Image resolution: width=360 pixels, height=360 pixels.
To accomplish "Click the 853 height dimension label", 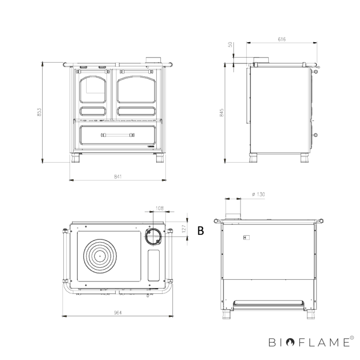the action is click(39, 112).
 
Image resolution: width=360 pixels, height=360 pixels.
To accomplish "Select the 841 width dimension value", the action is click(118, 176).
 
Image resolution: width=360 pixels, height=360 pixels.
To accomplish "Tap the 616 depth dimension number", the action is click(282, 39).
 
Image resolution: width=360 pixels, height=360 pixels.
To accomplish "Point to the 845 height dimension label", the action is click(222, 113).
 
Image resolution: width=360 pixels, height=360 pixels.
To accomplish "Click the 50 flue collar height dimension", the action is click(230, 44).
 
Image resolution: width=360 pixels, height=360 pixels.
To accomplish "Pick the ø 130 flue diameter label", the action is click(258, 194).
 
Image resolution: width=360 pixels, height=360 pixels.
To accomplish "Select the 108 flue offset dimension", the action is click(160, 208).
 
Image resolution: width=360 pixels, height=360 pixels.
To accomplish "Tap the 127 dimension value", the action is click(184, 229).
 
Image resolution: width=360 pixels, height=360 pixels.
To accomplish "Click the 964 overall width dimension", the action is click(118, 313).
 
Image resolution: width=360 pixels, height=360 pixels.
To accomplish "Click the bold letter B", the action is click(201, 231).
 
